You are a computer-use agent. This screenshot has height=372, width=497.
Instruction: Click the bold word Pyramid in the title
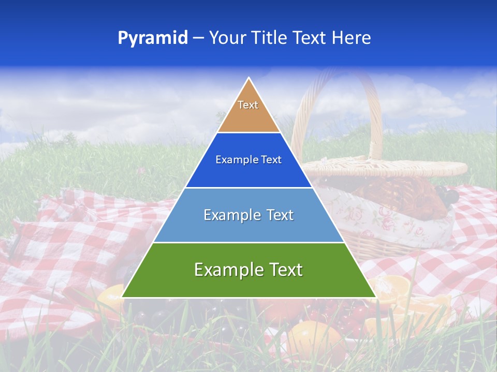pos(153,38)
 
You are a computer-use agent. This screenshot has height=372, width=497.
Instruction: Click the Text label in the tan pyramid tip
pos(248,105)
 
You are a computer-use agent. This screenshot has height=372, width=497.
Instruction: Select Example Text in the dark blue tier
pos(248,160)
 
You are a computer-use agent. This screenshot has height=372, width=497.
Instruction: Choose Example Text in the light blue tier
pos(248,215)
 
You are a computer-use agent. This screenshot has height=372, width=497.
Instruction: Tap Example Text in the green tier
pos(248,270)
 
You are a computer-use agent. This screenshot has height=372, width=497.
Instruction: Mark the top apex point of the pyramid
pos(249,78)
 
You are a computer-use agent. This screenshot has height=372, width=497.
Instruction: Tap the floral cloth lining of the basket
pos(393,220)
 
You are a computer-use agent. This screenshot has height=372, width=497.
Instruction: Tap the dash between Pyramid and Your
pos(198,38)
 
